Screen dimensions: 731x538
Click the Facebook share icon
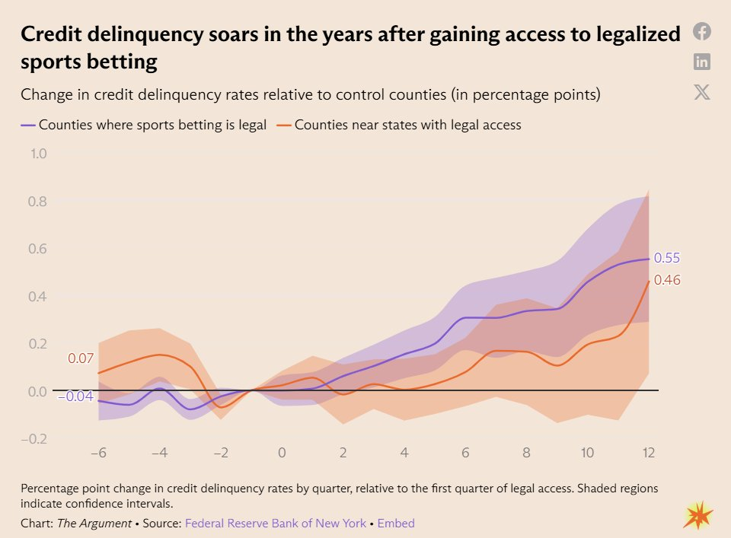pyautogui.click(x=701, y=32)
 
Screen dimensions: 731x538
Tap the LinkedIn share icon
pyautogui.click(x=701, y=62)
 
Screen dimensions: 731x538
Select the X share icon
pyautogui.click(x=701, y=92)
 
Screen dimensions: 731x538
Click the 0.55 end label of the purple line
pyautogui.click(x=667, y=258)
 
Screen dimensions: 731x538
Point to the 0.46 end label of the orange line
pyautogui.click(x=667, y=279)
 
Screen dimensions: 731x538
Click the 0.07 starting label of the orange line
pyautogui.click(x=81, y=358)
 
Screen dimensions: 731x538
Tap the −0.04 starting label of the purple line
pyautogui.click(x=75, y=396)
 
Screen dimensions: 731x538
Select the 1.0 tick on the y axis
pyautogui.click(x=39, y=154)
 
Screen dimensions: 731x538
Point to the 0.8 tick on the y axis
pyautogui.click(x=37, y=201)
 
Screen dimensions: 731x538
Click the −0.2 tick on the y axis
pyautogui.click(x=34, y=439)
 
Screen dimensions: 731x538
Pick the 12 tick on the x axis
pyautogui.click(x=649, y=453)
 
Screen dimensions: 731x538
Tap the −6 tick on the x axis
pyautogui.click(x=98, y=453)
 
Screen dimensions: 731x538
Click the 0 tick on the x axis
pyautogui.click(x=282, y=453)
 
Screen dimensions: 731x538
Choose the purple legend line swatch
pyautogui.click(x=28, y=126)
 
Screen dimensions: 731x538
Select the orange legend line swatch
pyautogui.click(x=284, y=126)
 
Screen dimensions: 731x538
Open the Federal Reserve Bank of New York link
pyautogui.click(x=276, y=523)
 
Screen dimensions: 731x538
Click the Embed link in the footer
pyautogui.click(x=396, y=523)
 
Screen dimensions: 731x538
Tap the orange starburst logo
pyautogui.click(x=698, y=515)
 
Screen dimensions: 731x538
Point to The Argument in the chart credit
pyautogui.click(x=94, y=523)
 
